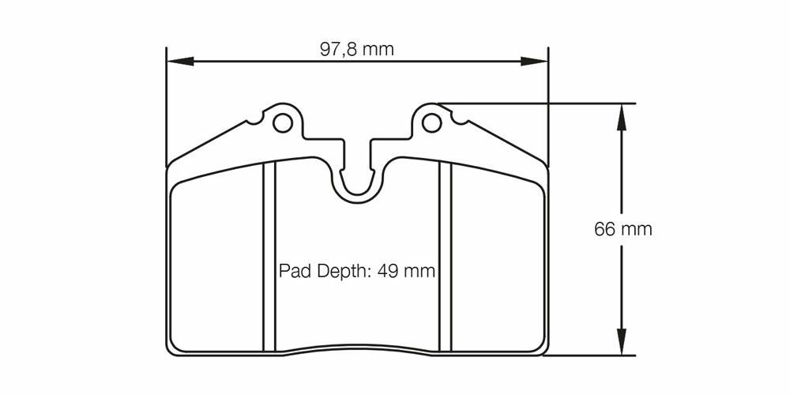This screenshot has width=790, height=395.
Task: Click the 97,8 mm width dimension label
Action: click(357, 49)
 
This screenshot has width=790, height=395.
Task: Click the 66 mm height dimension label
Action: click(623, 229)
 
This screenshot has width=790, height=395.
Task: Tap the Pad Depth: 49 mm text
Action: click(357, 271)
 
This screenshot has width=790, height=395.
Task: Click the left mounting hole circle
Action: click(282, 122)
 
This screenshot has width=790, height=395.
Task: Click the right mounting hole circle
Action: click(431, 122)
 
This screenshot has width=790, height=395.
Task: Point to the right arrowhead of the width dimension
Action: click(534, 61)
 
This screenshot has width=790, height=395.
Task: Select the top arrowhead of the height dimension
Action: click(621, 117)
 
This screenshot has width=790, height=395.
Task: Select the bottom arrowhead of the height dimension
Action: click(621, 341)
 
